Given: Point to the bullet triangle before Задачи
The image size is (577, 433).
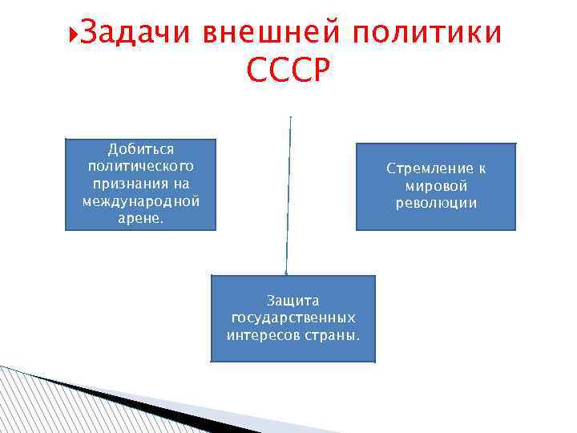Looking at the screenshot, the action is pyautogui.click(x=75, y=34).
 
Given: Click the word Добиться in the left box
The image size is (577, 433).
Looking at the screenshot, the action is pyautogui.click(x=141, y=149).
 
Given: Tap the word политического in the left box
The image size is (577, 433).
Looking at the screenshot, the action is pyautogui.click(x=141, y=166).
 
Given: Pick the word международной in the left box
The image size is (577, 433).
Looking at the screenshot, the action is pyautogui.click(x=141, y=200).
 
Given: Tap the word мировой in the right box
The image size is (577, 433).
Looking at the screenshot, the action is pyautogui.click(x=437, y=186).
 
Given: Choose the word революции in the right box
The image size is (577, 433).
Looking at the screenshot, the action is pyautogui.click(x=437, y=203).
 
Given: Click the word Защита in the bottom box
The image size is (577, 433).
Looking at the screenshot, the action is pyautogui.click(x=293, y=301).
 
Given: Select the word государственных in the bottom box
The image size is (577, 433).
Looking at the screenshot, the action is pyautogui.click(x=293, y=318).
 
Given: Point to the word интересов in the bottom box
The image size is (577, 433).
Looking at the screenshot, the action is pyautogui.click(x=264, y=334).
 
